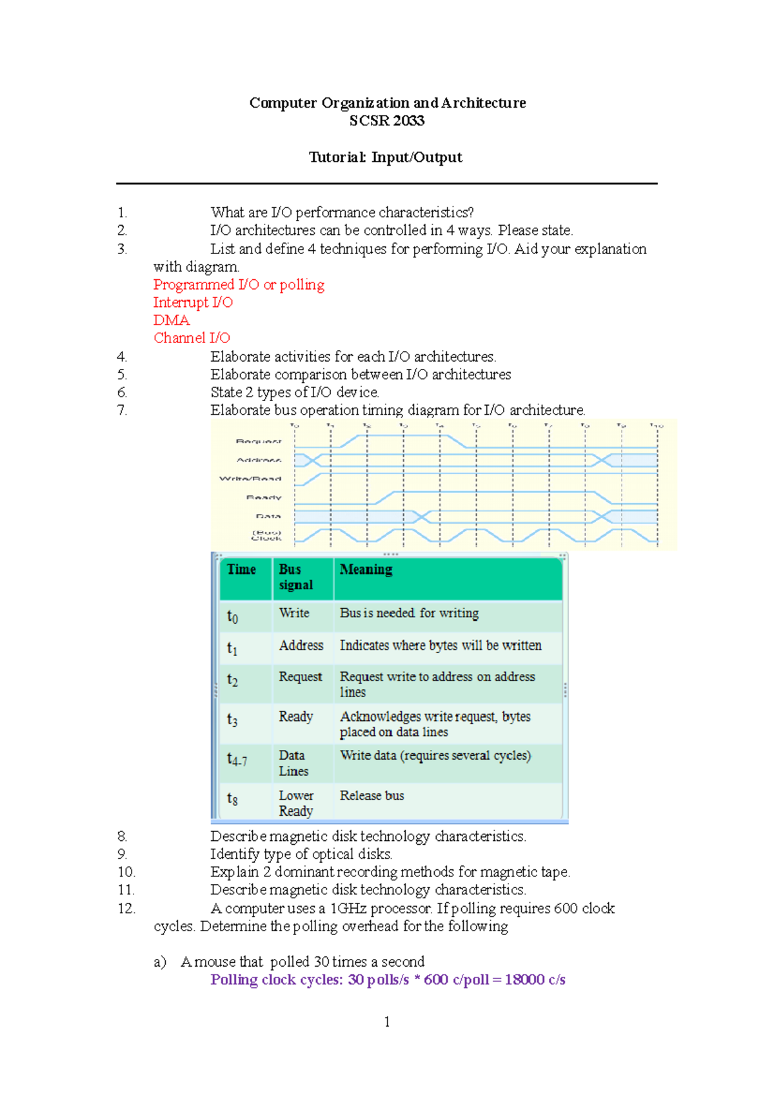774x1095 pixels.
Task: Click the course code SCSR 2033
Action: (386, 121)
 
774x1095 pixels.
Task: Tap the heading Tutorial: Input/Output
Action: (385, 157)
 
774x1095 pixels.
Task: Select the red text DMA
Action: (172, 321)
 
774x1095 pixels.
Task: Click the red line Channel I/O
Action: (192, 338)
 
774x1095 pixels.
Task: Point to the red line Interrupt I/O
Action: (193, 302)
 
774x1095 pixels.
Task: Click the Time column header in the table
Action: (241, 569)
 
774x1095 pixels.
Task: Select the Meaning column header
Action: (366, 569)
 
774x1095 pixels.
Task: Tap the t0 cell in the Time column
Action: (233, 617)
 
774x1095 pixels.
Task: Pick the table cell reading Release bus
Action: (372, 796)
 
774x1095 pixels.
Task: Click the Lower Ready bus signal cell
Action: (296, 804)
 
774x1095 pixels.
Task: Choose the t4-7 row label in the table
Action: (237, 760)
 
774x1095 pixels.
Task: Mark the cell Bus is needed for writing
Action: (409, 613)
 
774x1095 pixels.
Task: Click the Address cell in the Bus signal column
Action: (301, 646)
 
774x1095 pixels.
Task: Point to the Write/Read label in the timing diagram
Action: (250, 479)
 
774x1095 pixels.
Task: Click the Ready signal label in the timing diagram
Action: (264, 498)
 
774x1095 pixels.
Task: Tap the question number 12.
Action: (126, 909)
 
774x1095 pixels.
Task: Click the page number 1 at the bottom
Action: (387, 1021)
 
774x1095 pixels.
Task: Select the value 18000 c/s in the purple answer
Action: (535, 980)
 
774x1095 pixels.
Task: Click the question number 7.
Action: (122, 410)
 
